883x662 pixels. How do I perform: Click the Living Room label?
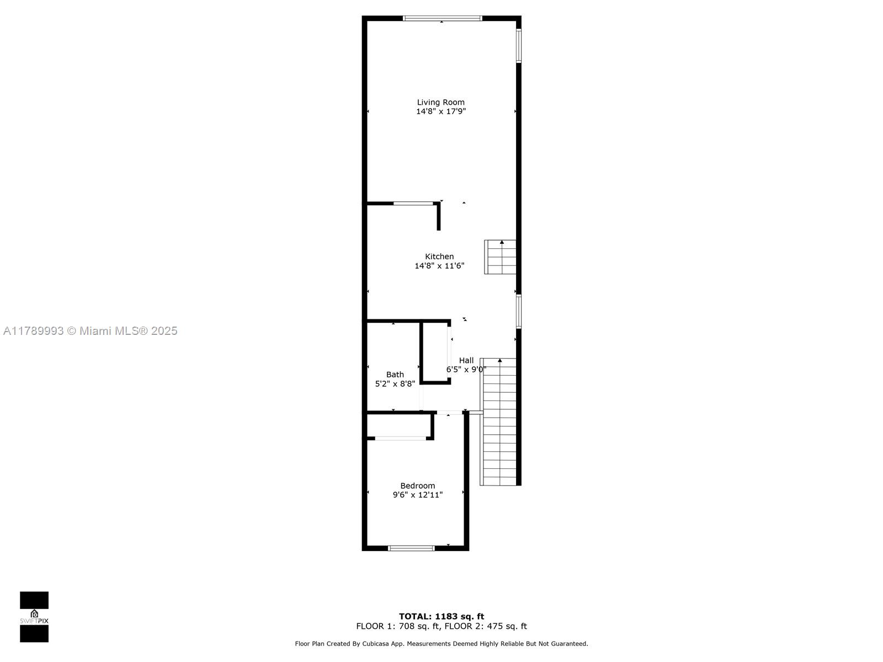click(440, 103)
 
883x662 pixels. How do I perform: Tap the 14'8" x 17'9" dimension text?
click(441, 111)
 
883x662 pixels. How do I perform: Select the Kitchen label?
click(439, 257)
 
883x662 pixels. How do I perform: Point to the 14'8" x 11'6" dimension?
click(439, 266)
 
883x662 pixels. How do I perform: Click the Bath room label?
click(395, 375)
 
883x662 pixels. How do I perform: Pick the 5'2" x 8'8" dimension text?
click(395, 384)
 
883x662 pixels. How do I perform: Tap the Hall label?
click(466, 361)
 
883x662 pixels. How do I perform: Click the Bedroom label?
click(418, 486)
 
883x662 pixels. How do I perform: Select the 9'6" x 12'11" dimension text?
click(418, 495)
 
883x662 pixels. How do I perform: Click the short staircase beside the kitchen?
click(500, 257)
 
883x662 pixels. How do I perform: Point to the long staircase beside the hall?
click(498, 422)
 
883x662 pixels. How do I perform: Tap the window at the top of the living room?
click(443, 18)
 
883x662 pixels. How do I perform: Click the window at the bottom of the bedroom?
click(412, 548)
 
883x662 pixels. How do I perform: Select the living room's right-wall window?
click(519, 46)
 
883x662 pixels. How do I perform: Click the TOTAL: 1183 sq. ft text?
click(441, 617)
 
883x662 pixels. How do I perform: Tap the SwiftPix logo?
click(34, 617)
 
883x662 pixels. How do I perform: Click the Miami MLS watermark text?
click(90, 331)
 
